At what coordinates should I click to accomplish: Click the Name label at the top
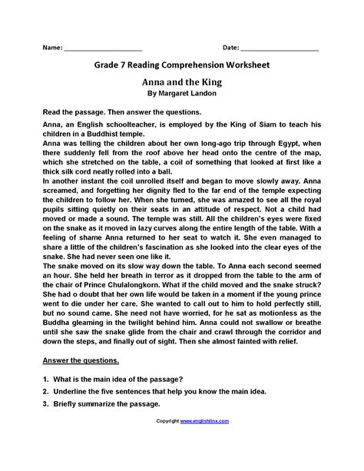(51, 48)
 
